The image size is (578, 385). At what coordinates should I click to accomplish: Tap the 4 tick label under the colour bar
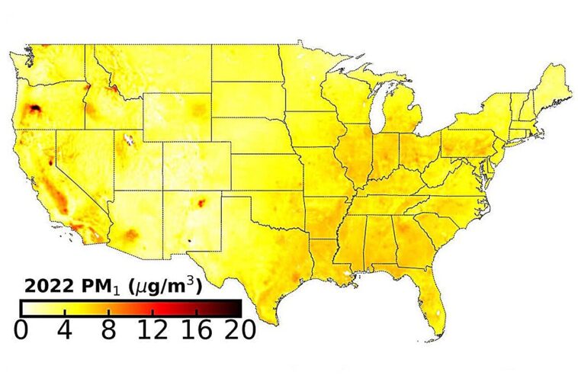(x=65, y=330)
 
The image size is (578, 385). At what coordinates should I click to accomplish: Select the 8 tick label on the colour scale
(x=108, y=330)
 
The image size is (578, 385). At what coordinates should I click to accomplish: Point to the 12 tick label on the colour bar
(x=153, y=330)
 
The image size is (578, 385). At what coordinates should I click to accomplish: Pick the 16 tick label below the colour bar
(x=197, y=330)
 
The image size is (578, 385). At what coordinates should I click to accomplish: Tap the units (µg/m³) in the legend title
(x=165, y=287)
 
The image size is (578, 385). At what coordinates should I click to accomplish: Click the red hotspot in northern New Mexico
(x=203, y=203)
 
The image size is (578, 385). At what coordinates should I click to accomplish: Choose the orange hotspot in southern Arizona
(x=132, y=235)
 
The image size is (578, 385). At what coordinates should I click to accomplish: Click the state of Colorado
(x=197, y=164)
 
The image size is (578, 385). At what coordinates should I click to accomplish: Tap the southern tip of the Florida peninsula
(x=438, y=332)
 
